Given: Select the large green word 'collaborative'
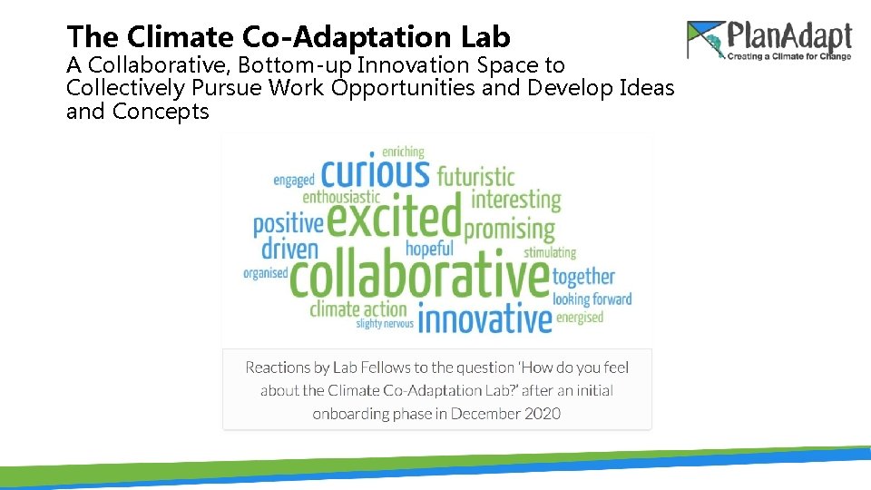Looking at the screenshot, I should coord(419,277).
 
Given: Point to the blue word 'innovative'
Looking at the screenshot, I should coord(484,319).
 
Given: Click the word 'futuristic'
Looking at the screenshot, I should coord(475,176).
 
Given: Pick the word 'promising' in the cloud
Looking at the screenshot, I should coord(509,229).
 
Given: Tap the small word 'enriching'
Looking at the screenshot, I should coord(403,152).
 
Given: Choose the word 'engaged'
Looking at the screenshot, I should coord(294,180).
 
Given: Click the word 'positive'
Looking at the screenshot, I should coord(288,223).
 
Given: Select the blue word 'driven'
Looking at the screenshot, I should coord(289,249).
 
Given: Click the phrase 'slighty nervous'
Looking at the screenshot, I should coord(385,323).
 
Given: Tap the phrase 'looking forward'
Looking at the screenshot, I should coord(592,299).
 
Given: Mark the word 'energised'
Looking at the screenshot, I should coord(580,318).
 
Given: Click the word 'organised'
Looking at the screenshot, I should coord(265,272).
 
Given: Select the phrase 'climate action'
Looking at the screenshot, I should coord(358,309).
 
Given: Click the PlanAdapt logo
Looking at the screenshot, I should coord(769,40).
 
